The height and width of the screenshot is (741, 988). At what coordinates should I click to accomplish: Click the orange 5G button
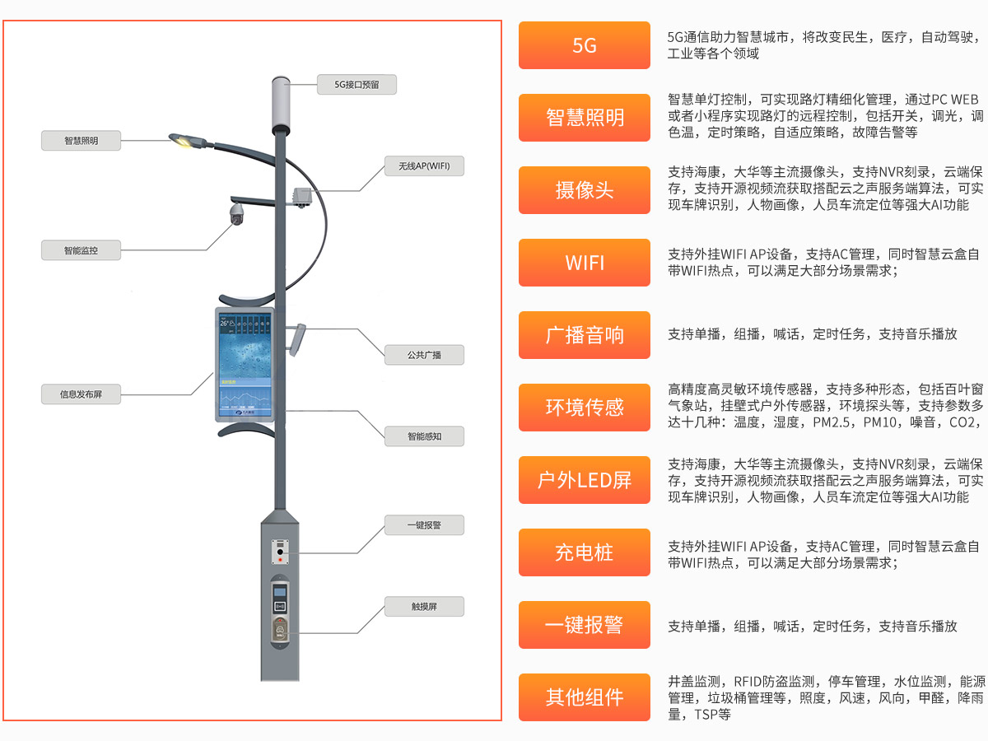(584, 45)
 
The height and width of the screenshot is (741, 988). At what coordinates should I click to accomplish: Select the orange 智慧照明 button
(584, 118)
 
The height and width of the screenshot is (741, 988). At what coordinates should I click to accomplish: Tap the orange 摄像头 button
(584, 190)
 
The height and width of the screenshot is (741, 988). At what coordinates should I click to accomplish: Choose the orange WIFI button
(584, 263)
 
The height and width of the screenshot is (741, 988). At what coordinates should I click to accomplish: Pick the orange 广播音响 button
(584, 335)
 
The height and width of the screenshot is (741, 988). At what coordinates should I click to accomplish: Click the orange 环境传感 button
(584, 407)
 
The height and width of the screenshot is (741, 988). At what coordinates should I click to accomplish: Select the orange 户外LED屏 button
(584, 479)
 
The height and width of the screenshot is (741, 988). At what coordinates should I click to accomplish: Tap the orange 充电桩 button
(584, 552)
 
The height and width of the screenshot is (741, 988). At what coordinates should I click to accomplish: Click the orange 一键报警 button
(584, 624)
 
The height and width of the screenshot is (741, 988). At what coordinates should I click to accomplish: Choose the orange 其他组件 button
(584, 697)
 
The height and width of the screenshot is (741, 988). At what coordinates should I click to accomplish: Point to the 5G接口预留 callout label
(357, 84)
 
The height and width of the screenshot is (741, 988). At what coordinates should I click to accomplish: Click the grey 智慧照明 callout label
(81, 141)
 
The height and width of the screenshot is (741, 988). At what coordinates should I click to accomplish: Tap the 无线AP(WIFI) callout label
(424, 166)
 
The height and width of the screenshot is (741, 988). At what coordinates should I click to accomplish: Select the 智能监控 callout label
(81, 250)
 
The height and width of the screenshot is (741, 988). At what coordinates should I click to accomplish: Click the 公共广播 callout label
(424, 355)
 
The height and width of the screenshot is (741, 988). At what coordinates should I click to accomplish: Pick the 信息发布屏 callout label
(81, 394)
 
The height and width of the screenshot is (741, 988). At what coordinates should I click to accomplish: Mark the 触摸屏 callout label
(424, 607)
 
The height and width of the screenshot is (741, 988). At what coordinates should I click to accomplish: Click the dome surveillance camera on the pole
(237, 215)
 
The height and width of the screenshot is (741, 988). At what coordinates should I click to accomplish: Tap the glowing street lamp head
(188, 142)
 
